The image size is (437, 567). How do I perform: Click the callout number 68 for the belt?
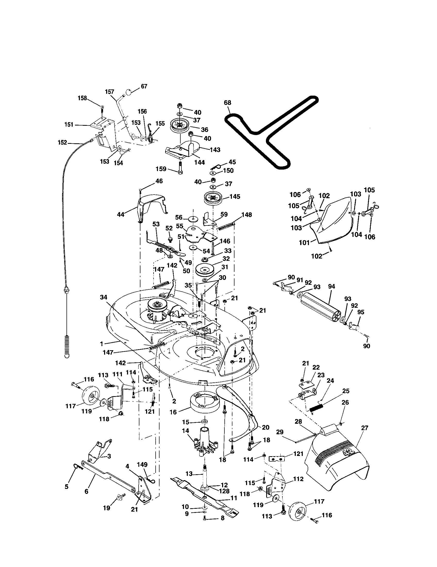coord(227,103)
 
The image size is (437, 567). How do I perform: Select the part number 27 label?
coord(365,428)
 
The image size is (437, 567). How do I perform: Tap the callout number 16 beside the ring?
coord(173,412)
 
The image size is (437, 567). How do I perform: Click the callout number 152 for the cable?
coord(62,143)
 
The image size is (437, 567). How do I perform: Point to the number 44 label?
coord(121,214)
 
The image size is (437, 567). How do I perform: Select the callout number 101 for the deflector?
coord(304,243)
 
